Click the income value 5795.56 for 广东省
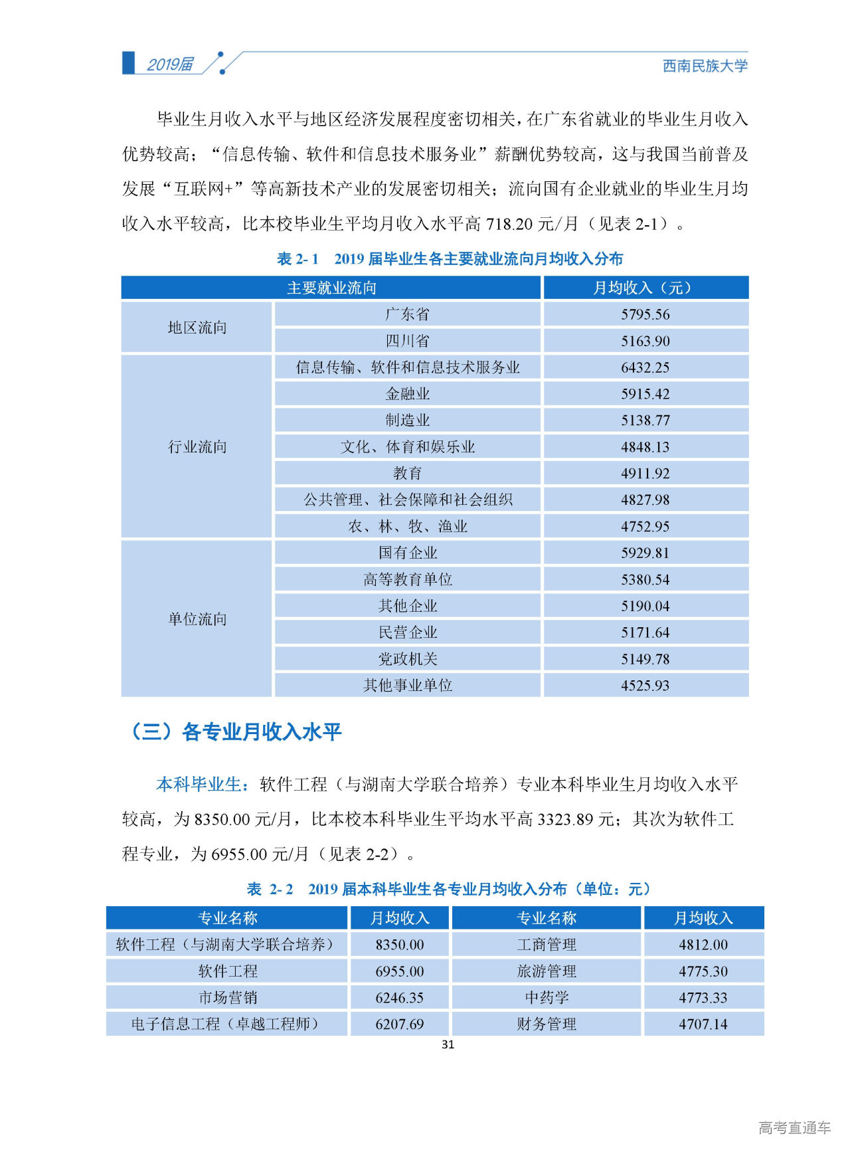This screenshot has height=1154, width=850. pos(645,314)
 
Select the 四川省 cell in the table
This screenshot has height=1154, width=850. pos(407,341)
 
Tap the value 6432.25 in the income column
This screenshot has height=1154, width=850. pos(645,367)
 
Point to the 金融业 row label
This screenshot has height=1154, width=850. pos(407,394)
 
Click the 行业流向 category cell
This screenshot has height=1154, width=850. pos(197,446)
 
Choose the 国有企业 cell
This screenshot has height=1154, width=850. pos(407,553)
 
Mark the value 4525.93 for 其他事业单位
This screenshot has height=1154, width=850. pos(645,685)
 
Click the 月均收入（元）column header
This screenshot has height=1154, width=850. pos(645,288)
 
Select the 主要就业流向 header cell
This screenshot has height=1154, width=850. pos(331,288)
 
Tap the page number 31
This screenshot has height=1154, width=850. pos(448,1044)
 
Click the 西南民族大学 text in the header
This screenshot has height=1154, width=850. pos(705,66)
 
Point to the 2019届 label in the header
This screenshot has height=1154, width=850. pos(170,64)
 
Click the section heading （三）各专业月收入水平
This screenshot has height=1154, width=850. pos(236,732)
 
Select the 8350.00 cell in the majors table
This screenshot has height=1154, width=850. pos(399,945)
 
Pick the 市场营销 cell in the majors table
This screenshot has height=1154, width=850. pos(227,998)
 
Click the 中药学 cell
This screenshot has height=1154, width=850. pos(547,998)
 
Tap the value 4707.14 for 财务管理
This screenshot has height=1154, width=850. pos(703,1024)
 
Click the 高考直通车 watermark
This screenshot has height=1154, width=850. pos(794,1127)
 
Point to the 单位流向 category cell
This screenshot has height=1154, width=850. pos(197,619)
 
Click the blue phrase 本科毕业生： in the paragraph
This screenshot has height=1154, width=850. pos(203,785)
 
